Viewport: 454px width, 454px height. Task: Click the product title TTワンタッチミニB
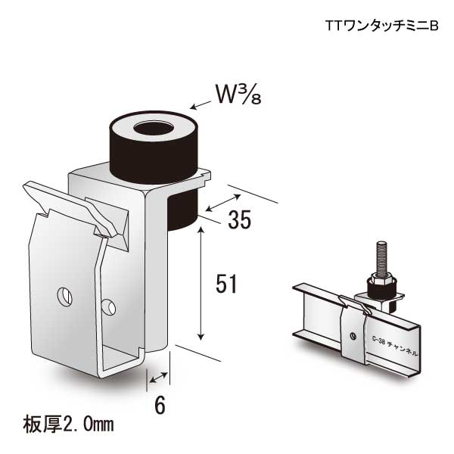(x=382, y=26)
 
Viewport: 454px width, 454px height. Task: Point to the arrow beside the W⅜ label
(x=201, y=105)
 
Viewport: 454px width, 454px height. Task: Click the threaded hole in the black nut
(x=152, y=127)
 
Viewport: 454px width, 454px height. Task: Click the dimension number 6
(x=160, y=406)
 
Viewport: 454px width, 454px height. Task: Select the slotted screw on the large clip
(x=65, y=294)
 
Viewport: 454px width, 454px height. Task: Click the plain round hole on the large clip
(x=110, y=306)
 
